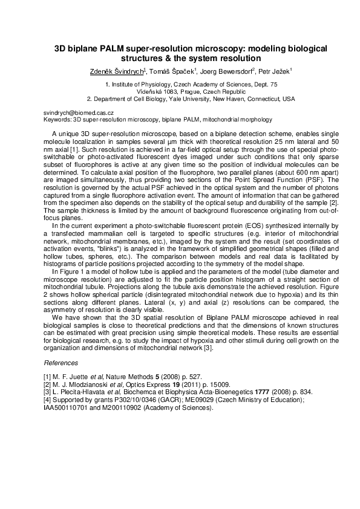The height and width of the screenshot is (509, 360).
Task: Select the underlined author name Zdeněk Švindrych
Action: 116,71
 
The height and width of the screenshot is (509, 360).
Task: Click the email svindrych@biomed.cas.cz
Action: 74,113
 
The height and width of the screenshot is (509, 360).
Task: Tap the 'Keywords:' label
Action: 56,120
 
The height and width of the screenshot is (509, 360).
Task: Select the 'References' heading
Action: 61,363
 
